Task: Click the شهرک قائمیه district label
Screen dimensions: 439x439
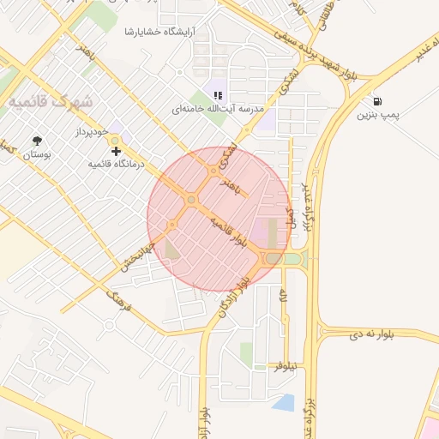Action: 51,101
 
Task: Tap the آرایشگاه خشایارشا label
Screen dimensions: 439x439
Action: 159,32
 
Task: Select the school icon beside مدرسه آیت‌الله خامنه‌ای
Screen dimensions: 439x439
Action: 218,95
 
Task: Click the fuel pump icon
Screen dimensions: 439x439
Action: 378,99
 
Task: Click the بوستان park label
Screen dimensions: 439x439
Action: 36,154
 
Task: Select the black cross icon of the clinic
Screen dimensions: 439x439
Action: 116,152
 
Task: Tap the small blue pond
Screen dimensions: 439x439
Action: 282,400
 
